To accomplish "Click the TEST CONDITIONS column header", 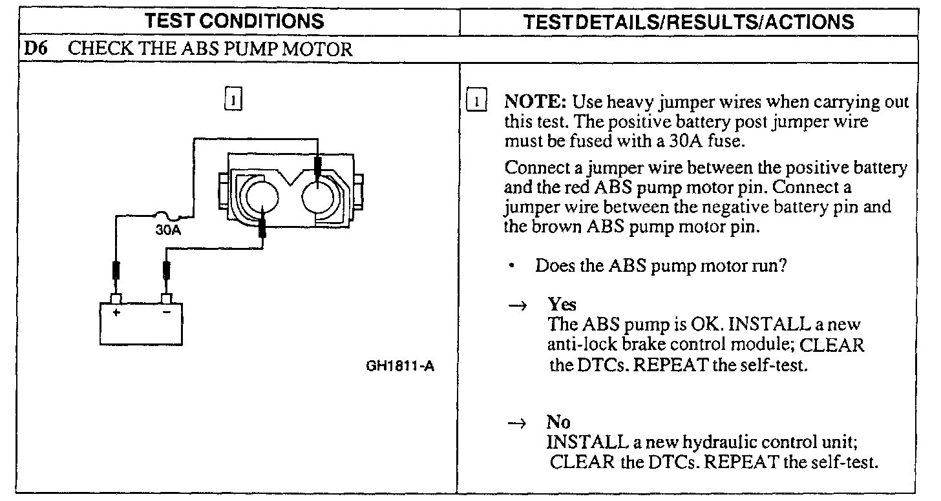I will tap(235, 21).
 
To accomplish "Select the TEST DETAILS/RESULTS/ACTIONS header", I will tap(688, 21).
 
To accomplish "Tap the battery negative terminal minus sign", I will tap(166, 311).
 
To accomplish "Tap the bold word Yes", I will tap(562, 304).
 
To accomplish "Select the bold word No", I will tap(558, 423).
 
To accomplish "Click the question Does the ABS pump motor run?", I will tap(661, 267).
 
